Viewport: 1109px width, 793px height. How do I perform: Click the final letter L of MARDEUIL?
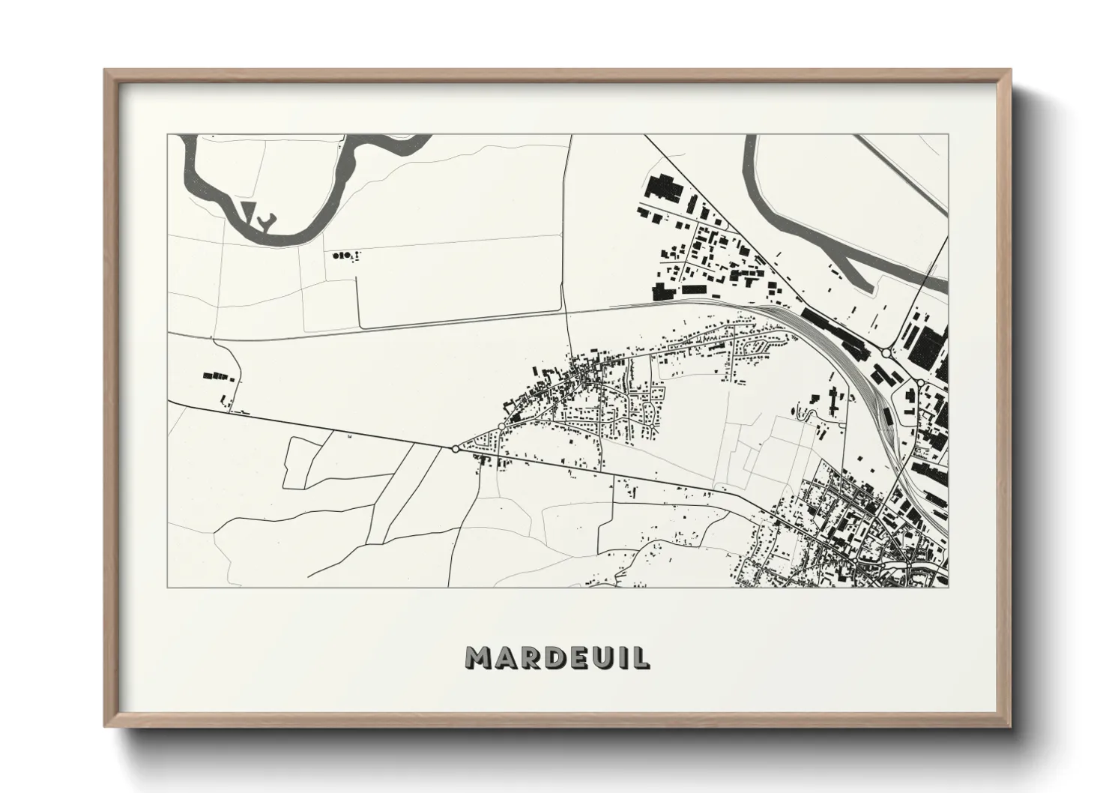click(642, 657)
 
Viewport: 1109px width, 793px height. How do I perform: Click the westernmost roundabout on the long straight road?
click(455, 449)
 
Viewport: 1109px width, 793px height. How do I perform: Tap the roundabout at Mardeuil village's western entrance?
click(501, 426)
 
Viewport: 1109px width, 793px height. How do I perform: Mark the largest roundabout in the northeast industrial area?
click(886, 352)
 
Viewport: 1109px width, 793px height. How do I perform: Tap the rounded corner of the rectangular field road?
click(360, 325)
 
